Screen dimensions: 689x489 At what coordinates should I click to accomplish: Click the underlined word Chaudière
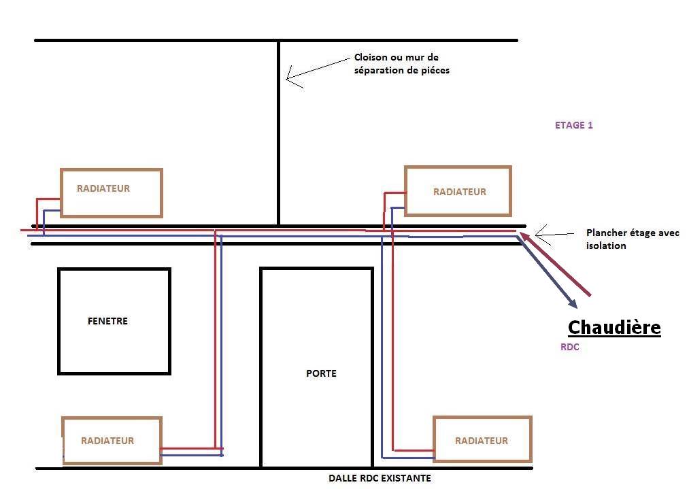[614, 327]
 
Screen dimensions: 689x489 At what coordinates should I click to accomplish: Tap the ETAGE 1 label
[574, 125]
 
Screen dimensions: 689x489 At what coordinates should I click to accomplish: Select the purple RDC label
[570, 347]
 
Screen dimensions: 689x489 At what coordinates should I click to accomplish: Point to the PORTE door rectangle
[261, 367]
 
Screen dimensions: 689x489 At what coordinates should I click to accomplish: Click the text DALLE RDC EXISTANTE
[380, 478]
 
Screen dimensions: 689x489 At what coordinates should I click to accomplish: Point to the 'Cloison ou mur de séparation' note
[401, 64]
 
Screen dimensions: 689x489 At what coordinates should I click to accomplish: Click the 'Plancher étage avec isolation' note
[633, 239]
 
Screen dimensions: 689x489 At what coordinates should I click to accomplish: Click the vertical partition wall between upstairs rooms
[279, 133]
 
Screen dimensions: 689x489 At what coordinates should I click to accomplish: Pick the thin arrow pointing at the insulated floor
[554, 235]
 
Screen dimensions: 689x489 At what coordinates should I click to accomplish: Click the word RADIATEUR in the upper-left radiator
[103, 188]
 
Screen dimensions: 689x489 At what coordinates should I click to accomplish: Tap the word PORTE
[321, 373]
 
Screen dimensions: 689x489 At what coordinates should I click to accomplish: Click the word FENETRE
[107, 321]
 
